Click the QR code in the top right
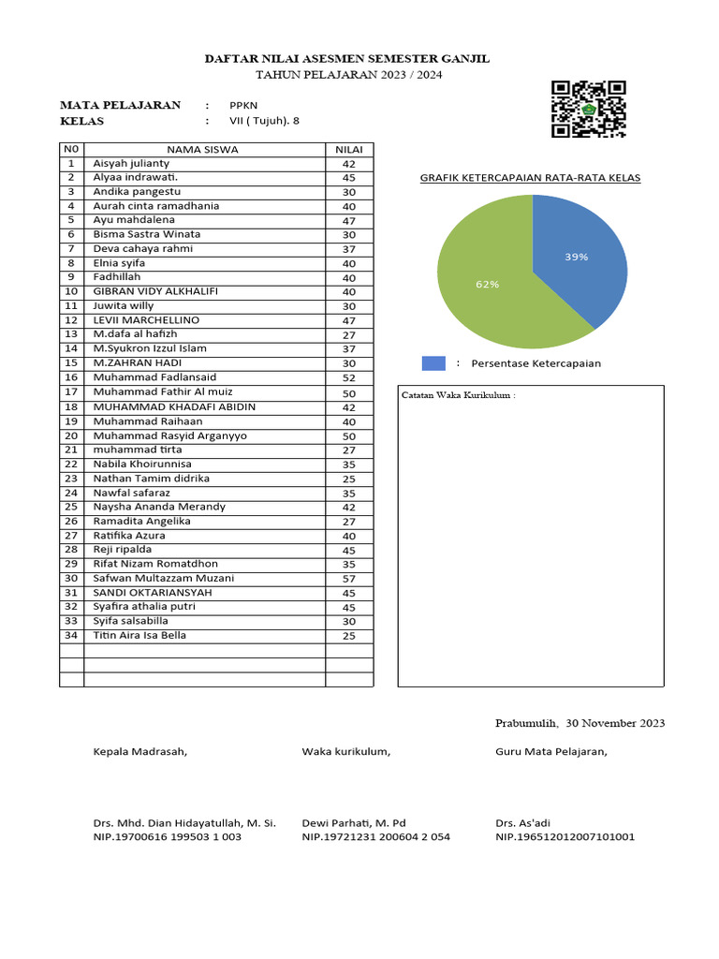tap(588, 109)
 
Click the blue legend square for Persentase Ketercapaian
tap(433, 363)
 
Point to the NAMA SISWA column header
tap(203, 149)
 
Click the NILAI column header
tap(349, 149)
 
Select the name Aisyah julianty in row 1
tap(131, 163)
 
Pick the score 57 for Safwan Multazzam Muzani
tap(349, 579)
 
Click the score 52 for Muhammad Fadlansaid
tap(349, 377)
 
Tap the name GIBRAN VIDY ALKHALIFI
tap(155, 291)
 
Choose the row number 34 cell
tap(71, 636)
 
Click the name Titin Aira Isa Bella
tap(139, 636)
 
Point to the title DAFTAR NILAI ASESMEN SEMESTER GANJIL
tap(347, 59)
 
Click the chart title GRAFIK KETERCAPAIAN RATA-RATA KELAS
tap(530, 178)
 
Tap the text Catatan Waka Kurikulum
tap(459, 395)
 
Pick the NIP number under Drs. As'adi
tap(565, 836)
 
